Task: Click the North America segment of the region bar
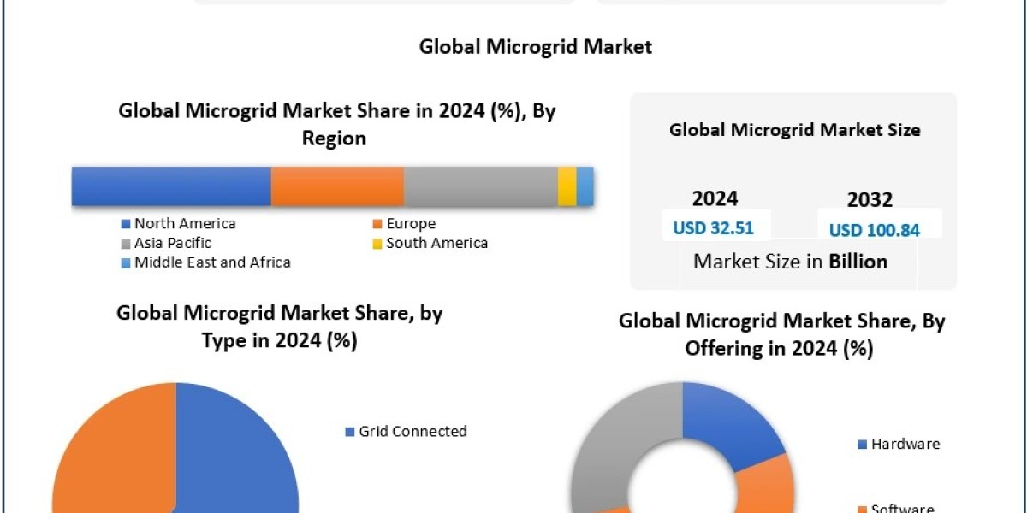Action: tap(171, 186)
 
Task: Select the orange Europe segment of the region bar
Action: tap(337, 186)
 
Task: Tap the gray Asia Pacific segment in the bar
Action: tap(480, 186)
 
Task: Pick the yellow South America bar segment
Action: tap(567, 186)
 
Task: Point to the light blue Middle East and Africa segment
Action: tap(585, 186)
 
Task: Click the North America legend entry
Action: tap(184, 223)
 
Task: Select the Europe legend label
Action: tap(410, 223)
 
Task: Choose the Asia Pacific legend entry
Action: tap(172, 243)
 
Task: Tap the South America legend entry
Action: tap(436, 243)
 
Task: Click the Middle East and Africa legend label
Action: tap(211, 262)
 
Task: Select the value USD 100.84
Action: tap(875, 230)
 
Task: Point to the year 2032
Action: tap(870, 200)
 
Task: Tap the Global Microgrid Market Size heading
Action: tap(794, 130)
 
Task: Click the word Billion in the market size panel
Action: tap(858, 262)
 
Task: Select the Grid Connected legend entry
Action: tap(413, 431)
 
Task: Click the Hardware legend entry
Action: tap(905, 444)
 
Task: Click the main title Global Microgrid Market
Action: tap(535, 46)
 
